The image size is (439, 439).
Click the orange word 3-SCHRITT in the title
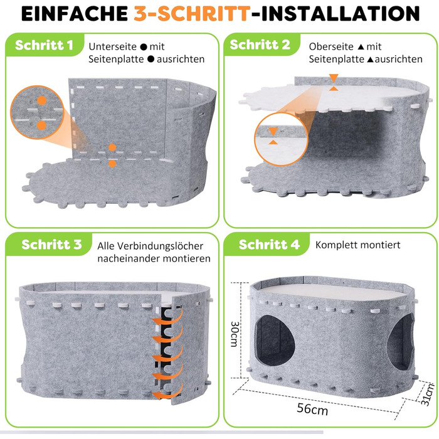point(192,13)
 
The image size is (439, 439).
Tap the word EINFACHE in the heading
point(75,13)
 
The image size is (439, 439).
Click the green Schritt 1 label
point(44,45)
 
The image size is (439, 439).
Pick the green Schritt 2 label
point(260,45)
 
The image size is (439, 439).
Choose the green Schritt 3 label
point(51,245)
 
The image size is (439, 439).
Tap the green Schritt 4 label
point(269,245)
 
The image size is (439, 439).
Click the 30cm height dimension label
point(235,334)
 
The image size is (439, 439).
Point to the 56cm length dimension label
point(312,409)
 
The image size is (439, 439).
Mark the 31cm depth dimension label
point(428,394)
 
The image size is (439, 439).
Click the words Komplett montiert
point(358,245)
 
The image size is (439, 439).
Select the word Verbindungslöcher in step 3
point(160,246)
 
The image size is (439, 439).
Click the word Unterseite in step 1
point(112,46)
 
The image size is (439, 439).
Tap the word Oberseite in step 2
point(331,46)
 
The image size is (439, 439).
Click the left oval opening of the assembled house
point(275,341)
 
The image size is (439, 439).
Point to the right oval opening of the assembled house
point(400,342)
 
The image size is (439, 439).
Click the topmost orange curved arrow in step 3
point(168,319)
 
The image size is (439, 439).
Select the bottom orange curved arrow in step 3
point(168,391)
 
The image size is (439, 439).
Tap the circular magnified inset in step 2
point(281,139)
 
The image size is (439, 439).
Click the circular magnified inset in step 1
point(37,112)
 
